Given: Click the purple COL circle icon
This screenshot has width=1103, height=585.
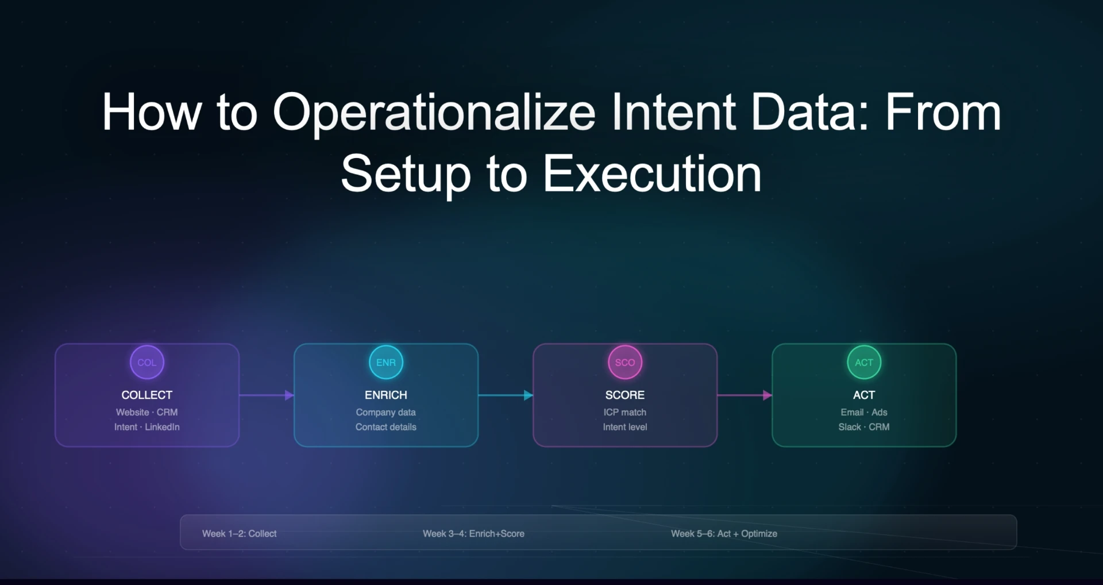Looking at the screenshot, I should coord(147,363).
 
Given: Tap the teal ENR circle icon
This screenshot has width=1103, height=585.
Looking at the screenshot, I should coord(386,363).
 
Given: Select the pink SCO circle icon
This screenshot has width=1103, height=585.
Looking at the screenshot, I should coord(625,363).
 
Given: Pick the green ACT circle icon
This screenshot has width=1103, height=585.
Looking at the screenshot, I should coord(864,363).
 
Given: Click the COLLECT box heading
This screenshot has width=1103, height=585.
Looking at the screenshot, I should coord(147,395).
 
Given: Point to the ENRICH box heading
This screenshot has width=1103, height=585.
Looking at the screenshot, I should coord(386,395).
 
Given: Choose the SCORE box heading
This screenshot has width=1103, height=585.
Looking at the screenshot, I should coord(625,395).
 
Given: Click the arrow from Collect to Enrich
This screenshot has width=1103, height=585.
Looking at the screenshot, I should coord(267,395).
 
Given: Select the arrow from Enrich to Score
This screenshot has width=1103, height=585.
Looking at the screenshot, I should coord(506,395).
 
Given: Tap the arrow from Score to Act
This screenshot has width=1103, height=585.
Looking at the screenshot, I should coord(745,395).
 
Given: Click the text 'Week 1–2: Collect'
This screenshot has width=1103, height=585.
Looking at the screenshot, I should coord(239,534).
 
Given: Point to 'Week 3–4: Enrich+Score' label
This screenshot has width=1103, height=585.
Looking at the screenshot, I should coord(473,534).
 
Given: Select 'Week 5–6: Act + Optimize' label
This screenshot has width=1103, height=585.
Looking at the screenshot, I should coord(724,534).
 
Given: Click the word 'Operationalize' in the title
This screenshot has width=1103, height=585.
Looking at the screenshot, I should coord(434,113).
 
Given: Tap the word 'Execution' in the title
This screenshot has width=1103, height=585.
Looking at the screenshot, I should coord(652,174).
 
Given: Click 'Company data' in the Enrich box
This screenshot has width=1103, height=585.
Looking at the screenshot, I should coord(386,413).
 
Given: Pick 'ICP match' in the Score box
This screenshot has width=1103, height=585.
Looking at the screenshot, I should coord(625,413).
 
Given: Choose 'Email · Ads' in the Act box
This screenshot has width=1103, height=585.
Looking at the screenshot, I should coord(864,413).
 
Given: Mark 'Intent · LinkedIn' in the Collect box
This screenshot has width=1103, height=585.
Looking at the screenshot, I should coord(147,427).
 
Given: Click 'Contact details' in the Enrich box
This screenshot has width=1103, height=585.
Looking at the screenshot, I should coord(386,427).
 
